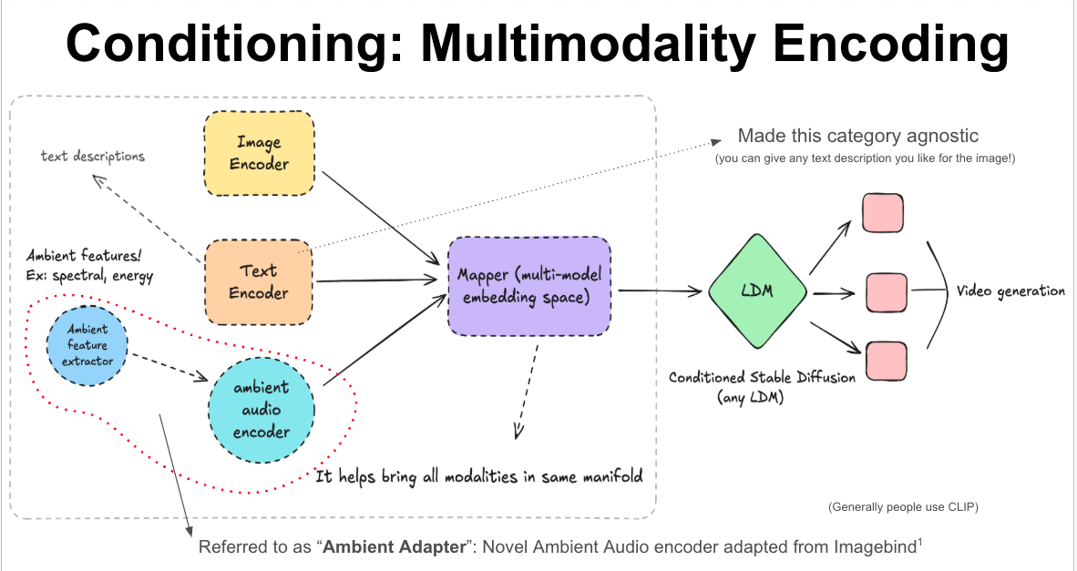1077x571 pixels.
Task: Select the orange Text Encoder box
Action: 259,281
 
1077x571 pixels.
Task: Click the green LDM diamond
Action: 757,291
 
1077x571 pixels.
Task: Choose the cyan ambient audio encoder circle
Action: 262,409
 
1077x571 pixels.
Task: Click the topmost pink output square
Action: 883,212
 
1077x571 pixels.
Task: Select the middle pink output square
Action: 886,291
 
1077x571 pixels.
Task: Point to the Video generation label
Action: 1010,291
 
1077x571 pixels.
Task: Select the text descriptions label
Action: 92,157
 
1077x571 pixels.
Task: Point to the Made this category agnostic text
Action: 857,136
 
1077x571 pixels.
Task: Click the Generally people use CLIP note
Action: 903,506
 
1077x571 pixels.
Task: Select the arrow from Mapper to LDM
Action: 662,291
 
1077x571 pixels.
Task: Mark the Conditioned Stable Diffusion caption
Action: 762,377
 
